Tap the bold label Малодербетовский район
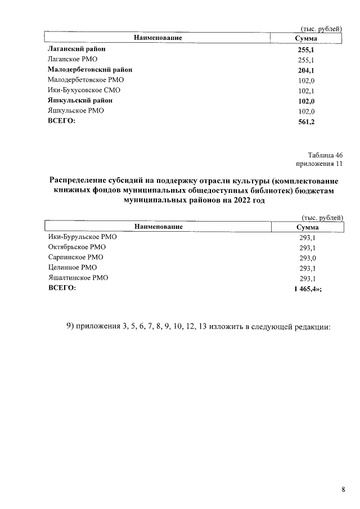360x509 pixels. point(91,70)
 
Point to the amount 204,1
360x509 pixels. point(306,70)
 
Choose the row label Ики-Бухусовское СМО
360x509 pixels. point(84,91)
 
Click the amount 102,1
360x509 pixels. point(306,91)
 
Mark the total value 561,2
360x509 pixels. point(306,121)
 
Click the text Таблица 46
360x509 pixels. point(325,155)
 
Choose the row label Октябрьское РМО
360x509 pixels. point(77,247)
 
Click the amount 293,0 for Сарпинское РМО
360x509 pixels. point(307,258)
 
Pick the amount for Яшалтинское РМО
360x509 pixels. point(307,278)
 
